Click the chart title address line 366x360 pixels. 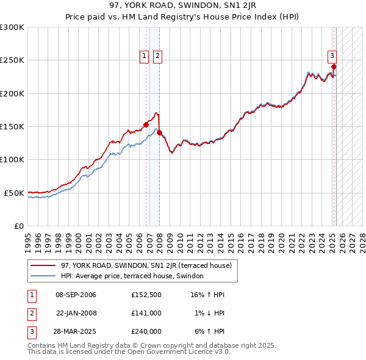point(182,6)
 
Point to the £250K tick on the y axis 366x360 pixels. point(12,60)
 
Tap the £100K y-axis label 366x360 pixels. point(12,160)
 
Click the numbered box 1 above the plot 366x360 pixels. point(145,57)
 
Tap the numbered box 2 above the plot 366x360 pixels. point(157,57)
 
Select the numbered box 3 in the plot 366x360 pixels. point(332,57)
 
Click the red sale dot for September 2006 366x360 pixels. point(146,125)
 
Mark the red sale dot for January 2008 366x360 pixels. point(159,132)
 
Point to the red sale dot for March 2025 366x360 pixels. point(334,67)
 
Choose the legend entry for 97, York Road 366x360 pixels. point(146,266)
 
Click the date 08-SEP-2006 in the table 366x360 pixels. point(76,295)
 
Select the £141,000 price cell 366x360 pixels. point(146,313)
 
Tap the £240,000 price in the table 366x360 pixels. point(146,331)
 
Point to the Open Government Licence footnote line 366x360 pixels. point(129,351)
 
